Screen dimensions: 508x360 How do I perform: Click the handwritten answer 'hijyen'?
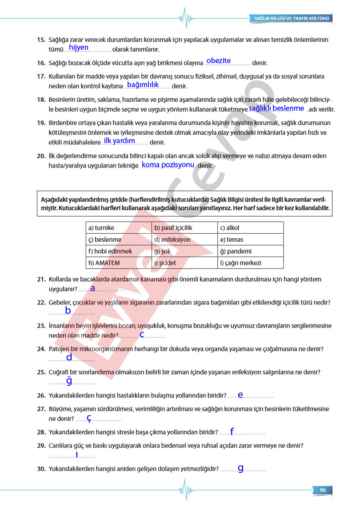(79, 48)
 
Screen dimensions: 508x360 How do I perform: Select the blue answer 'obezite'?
(219, 60)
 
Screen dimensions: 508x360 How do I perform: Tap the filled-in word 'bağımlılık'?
(143, 84)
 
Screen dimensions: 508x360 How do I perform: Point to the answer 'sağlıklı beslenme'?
(276, 108)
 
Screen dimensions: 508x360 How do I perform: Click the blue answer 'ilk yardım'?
(119, 141)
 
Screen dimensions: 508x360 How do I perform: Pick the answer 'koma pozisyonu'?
(168, 164)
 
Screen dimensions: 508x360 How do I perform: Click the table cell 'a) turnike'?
(119, 228)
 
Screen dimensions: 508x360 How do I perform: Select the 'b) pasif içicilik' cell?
(184, 228)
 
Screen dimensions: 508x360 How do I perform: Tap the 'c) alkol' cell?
(250, 228)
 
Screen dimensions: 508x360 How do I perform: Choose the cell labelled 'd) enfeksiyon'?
(184, 240)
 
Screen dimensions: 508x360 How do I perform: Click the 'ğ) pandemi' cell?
(250, 251)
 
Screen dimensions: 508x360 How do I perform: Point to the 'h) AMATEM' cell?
(119, 263)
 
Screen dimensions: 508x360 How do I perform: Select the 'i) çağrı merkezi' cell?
(250, 263)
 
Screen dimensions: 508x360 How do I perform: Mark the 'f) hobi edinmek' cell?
(119, 251)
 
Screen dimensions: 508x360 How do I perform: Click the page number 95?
(323, 490)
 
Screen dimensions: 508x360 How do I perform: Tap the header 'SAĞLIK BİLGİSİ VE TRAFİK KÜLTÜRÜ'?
(291, 19)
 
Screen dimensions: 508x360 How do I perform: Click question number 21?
(41, 280)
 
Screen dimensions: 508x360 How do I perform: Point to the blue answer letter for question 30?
(240, 468)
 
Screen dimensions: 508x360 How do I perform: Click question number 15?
(41, 40)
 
